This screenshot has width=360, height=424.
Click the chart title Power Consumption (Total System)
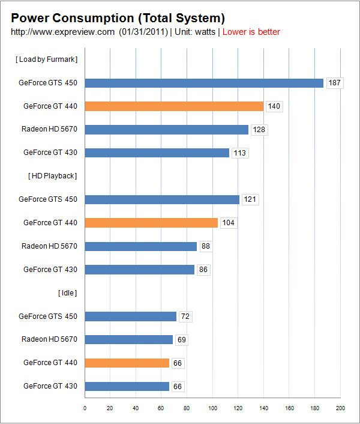pos(118,17)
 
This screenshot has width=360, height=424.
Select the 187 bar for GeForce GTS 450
pos(204,83)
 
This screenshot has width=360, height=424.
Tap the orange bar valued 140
pos(174,106)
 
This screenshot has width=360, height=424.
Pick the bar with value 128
pos(166,130)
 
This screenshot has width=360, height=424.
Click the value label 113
pos(240,153)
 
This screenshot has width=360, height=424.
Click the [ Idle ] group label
pos(67,293)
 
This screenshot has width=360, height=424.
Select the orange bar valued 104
pos(151,223)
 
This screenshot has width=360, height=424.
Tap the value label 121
pos(250,199)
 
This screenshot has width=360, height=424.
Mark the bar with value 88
pos(140,246)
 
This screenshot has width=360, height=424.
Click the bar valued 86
pos(139,270)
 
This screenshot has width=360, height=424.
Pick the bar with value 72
pos(130,316)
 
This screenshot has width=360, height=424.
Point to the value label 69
pos(181,340)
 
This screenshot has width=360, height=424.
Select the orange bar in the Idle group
pos(127,363)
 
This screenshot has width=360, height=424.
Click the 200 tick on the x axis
pos(340,408)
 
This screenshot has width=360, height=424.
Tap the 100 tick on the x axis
pos(212,408)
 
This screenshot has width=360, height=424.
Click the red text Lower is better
pos(251,32)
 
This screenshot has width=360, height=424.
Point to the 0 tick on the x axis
pos(85,408)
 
